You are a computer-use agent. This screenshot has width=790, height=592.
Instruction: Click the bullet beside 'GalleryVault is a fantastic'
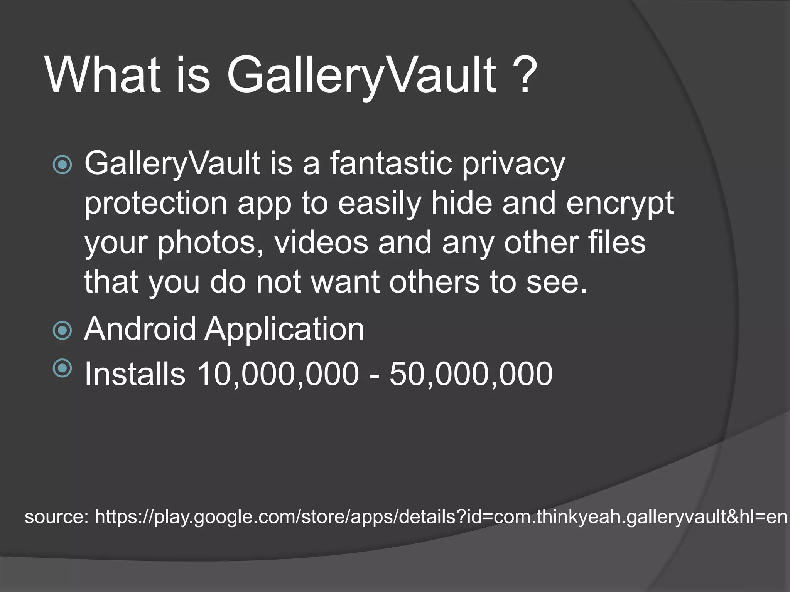[62, 165]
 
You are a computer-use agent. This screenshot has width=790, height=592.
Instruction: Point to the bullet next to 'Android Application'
[62, 330]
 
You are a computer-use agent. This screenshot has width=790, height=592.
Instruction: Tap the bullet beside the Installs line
[62, 368]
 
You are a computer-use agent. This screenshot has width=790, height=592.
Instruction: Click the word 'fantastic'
[390, 163]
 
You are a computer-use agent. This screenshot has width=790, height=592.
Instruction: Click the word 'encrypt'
[620, 204]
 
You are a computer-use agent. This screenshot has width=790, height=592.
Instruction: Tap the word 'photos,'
[211, 244]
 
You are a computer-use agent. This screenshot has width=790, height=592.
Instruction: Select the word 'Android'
[140, 329]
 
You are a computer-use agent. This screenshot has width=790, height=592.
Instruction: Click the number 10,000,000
[278, 374]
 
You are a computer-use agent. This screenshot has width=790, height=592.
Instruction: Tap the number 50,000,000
[471, 374]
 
